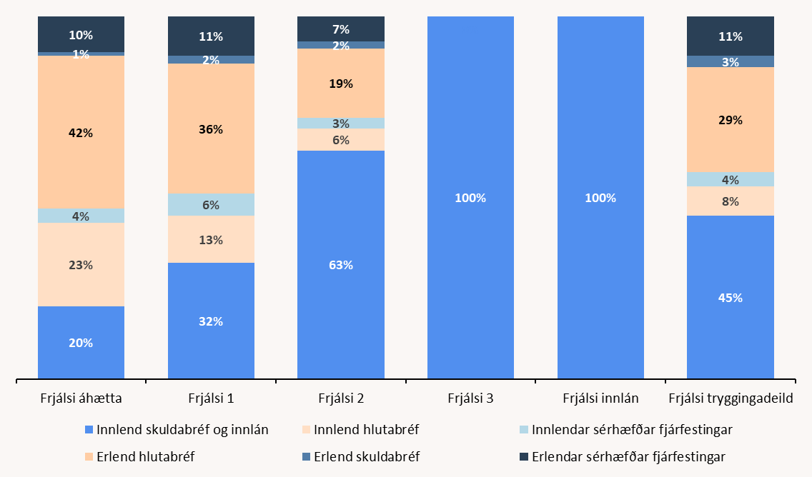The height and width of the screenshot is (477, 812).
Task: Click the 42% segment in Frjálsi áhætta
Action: point(81,132)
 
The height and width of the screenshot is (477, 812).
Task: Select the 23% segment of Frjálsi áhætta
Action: point(81,265)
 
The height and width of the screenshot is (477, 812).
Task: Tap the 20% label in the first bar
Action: point(81,343)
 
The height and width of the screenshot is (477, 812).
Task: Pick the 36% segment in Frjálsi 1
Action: point(211,129)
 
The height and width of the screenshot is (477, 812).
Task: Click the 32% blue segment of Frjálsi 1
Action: point(211,321)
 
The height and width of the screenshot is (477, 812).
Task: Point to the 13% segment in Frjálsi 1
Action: point(211,240)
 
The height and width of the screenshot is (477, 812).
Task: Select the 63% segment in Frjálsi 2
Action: point(341,265)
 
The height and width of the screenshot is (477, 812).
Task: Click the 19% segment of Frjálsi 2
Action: point(341,84)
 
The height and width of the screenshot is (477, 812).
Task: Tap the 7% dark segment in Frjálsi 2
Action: point(341,29)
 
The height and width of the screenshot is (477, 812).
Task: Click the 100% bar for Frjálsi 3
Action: point(470,198)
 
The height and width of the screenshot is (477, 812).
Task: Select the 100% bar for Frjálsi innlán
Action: point(600,198)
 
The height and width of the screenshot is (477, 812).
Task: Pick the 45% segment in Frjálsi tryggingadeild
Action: point(731,298)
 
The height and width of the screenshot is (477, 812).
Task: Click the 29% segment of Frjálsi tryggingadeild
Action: point(731,120)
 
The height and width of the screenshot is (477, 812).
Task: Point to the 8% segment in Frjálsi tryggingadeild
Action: point(731,201)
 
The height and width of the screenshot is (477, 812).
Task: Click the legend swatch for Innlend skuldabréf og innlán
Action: point(89,431)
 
